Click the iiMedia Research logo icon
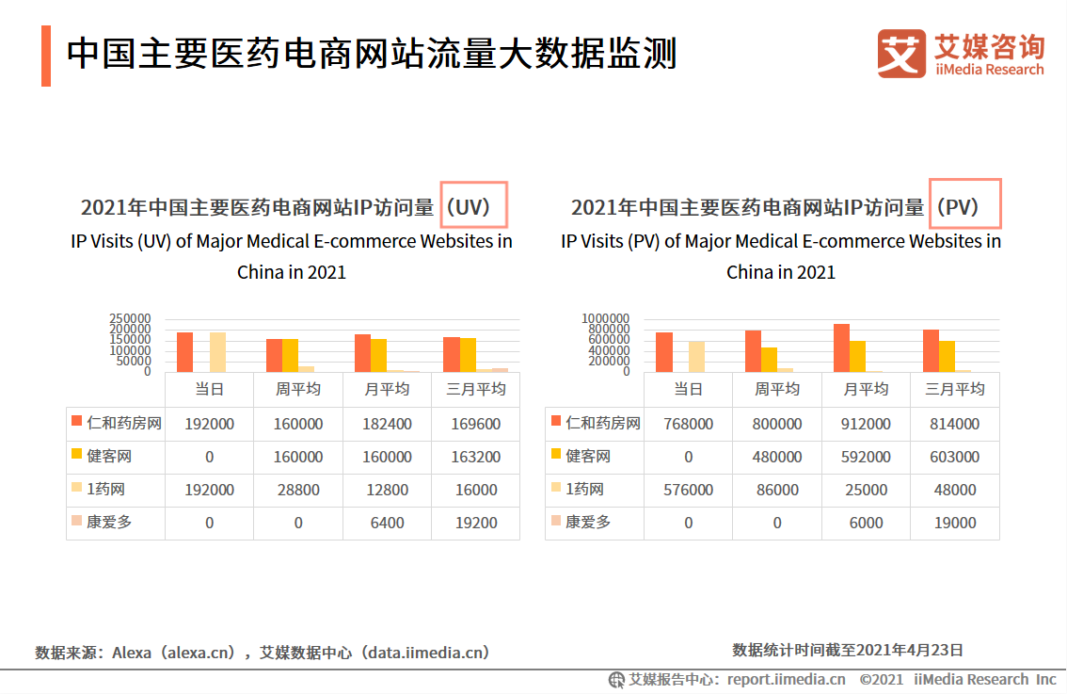point(901,54)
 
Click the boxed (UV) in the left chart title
point(473,205)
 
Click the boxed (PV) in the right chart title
point(964,205)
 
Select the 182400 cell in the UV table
point(387,424)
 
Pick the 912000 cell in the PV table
point(866,424)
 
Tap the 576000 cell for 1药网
point(688,490)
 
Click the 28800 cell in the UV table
point(298,490)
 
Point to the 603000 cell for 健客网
point(954,457)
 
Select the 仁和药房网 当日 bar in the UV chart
point(184,351)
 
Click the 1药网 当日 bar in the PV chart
point(696,356)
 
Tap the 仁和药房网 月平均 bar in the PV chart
point(841,347)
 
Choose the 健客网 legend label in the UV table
point(109,457)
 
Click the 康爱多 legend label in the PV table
point(587,522)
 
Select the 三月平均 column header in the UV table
point(475,389)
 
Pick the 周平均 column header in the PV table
point(777,389)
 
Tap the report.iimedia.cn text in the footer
point(785,679)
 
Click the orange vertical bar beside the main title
point(46,56)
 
